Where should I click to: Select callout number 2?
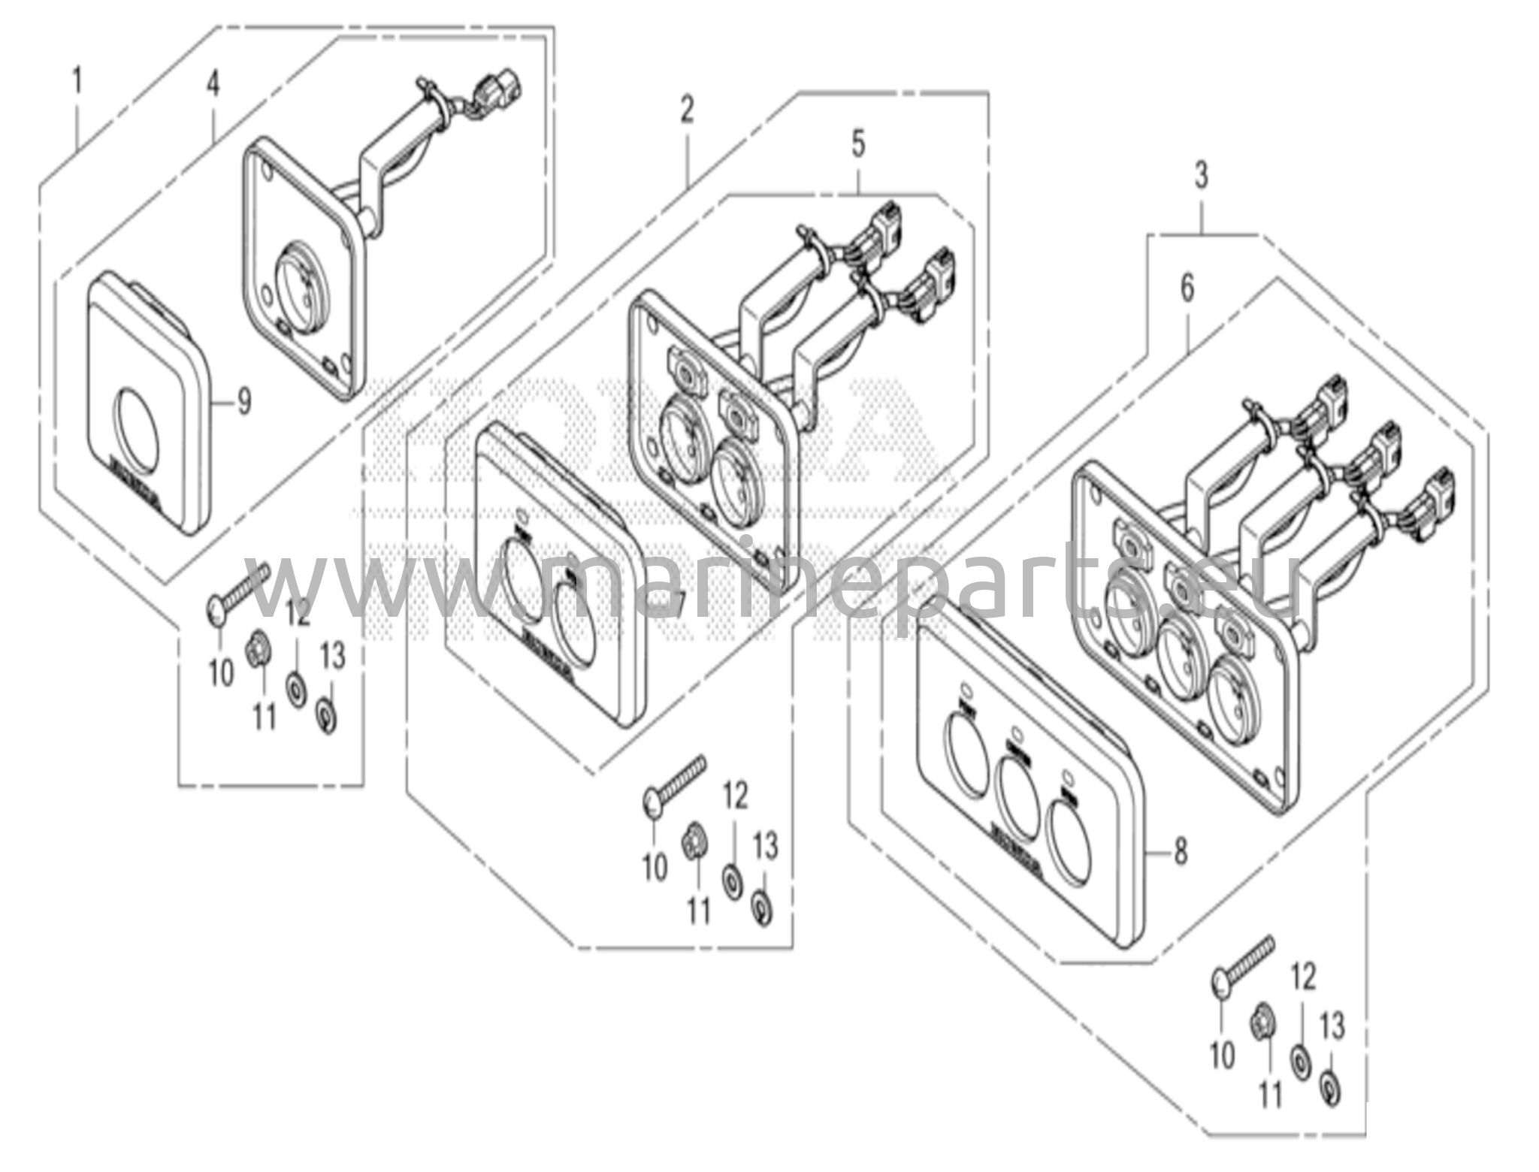[687, 110]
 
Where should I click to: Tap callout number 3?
[1201, 177]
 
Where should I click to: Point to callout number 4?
[213, 83]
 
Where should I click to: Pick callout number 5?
[858, 144]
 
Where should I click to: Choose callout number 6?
[1187, 288]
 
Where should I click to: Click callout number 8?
[1180, 852]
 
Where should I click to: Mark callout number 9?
[243, 403]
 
